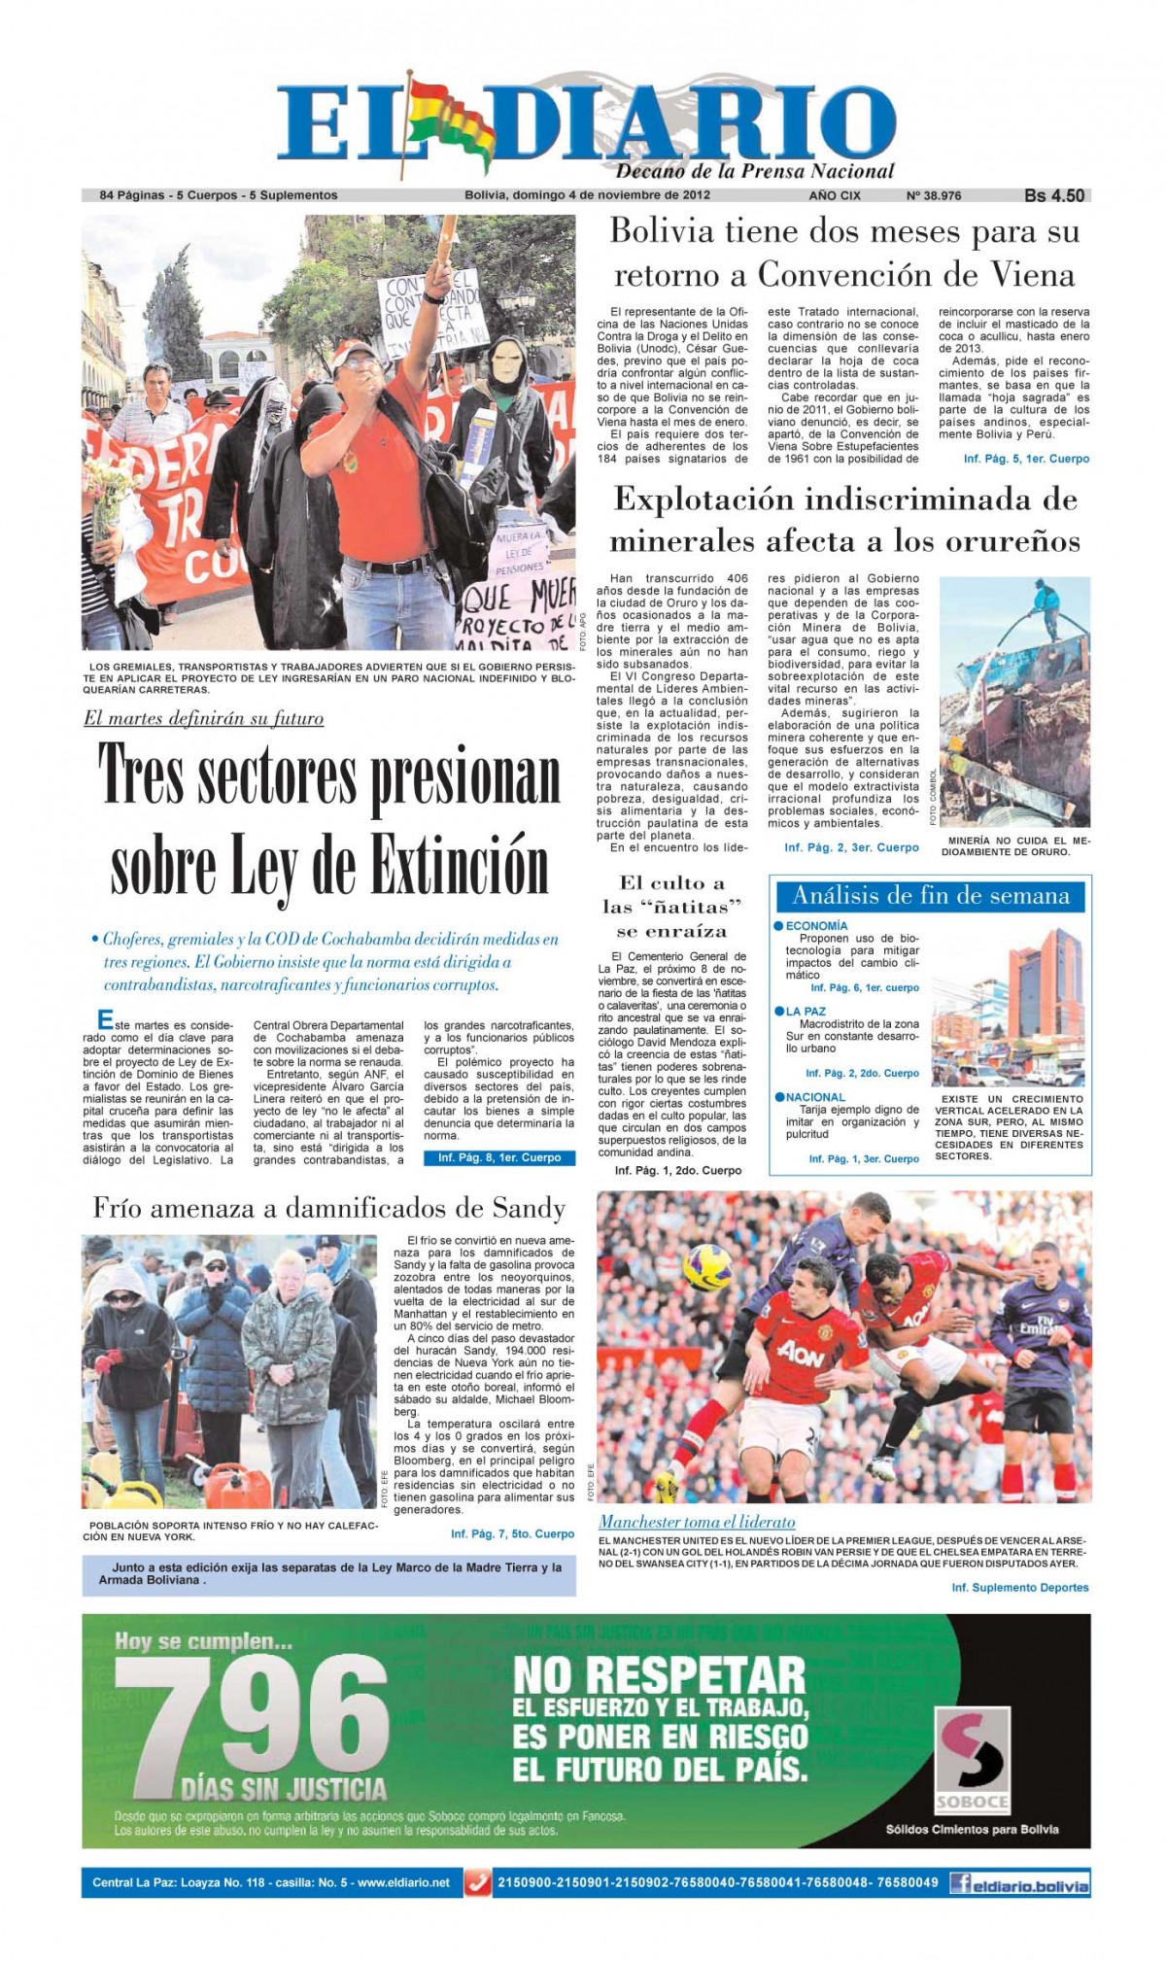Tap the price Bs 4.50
[x=1053, y=195]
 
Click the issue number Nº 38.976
[x=933, y=195]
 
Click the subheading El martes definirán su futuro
[x=203, y=719]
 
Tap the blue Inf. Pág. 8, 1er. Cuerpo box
[x=499, y=1157]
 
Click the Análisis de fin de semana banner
[x=930, y=896]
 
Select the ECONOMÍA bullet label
[x=816, y=926]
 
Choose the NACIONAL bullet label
[x=815, y=1097]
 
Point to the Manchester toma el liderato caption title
[x=697, y=1522]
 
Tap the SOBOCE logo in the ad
[x=972, y=1759]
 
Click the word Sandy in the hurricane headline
[x=530, y=1208]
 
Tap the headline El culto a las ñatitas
[x=671, y=907]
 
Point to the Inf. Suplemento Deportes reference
[x=1019, y=1587]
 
